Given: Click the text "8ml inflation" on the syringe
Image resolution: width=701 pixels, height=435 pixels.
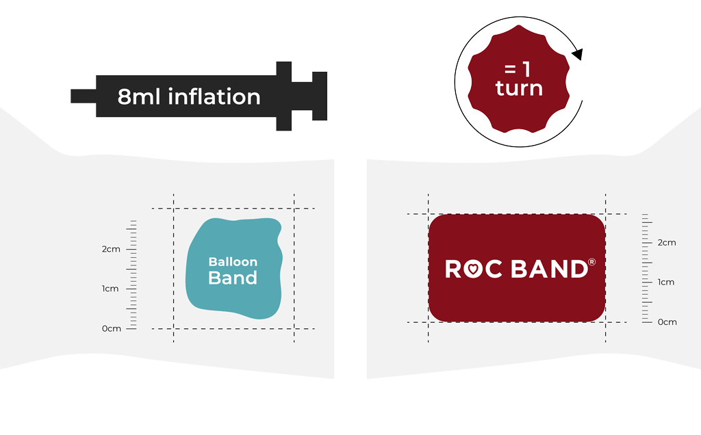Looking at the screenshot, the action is pos(189,96).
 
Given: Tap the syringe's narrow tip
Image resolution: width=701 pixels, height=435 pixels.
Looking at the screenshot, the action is pos(83,96).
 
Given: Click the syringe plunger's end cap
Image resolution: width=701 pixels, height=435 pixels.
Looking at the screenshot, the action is pos(320,96).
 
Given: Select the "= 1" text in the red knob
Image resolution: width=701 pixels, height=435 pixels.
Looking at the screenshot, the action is pos(518,69).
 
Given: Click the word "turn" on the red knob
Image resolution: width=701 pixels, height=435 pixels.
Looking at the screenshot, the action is pos(519,88).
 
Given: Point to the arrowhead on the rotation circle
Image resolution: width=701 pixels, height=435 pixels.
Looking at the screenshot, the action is pos(577,54).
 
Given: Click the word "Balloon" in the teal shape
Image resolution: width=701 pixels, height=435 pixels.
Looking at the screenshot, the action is pos(233,262).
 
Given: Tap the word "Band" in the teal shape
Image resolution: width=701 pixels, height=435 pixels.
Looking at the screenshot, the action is pos(233,278).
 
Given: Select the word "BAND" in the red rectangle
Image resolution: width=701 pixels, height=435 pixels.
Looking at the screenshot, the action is pos(550,269).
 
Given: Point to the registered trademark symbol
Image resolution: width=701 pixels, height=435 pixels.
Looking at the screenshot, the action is pos(592,262).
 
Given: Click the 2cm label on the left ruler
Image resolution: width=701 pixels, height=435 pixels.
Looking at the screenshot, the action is pos(111,249).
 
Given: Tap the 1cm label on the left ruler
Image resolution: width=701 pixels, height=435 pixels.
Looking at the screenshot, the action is pos(110,289).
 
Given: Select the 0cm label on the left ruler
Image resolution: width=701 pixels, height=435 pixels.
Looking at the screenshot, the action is pos(112,329).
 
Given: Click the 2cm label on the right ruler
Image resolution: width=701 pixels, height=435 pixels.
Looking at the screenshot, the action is pos(667,243).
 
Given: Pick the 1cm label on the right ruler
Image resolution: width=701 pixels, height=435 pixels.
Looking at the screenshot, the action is pos(665,282).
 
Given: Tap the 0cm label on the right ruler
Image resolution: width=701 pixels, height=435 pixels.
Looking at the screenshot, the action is pos(667,322).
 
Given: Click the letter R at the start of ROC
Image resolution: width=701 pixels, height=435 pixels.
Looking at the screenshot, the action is pos(453,269).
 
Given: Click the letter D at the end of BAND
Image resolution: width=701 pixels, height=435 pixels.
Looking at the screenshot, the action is pos(580,269).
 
